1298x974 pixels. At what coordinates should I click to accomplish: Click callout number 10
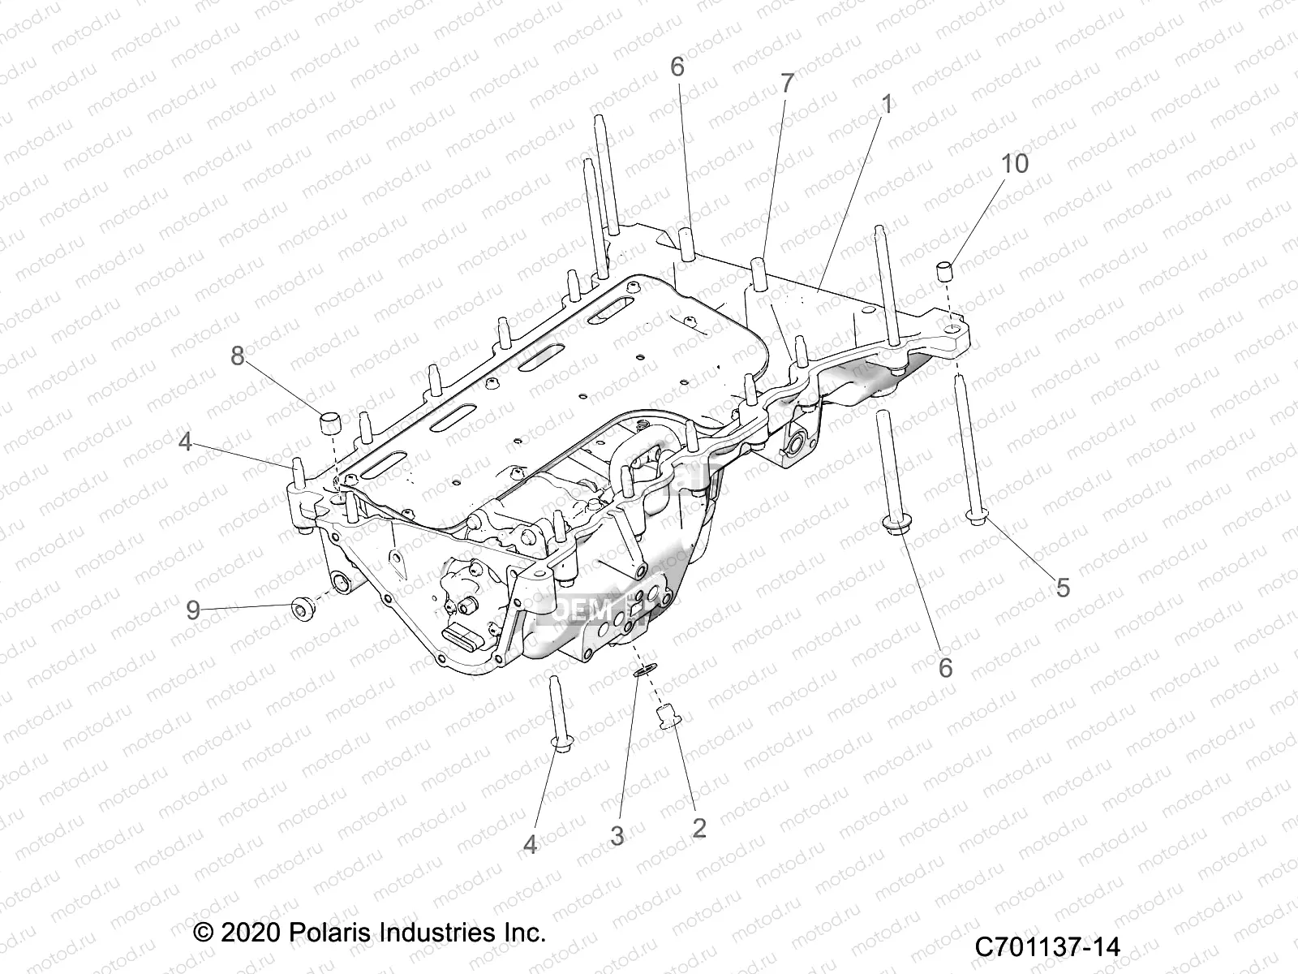pyautogui.click(x=1014, y=163)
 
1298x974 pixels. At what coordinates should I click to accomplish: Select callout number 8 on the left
pyautogui.click(x=237, y=356)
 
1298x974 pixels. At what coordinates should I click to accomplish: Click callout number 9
pyautogui.click(x=192, y=610)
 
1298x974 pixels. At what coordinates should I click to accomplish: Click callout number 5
pyautogui.click(x=1062, y=587)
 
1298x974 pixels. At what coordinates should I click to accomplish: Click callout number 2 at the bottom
pyautogui.click(x=698, y=828)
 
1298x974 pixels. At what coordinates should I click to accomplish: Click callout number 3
pyautogui.click(x=617, y=835)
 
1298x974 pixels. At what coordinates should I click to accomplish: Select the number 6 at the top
pyautogui.click(x=677, y=67)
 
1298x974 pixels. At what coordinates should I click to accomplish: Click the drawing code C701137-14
pyautogui.click(x=1047, y=946)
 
